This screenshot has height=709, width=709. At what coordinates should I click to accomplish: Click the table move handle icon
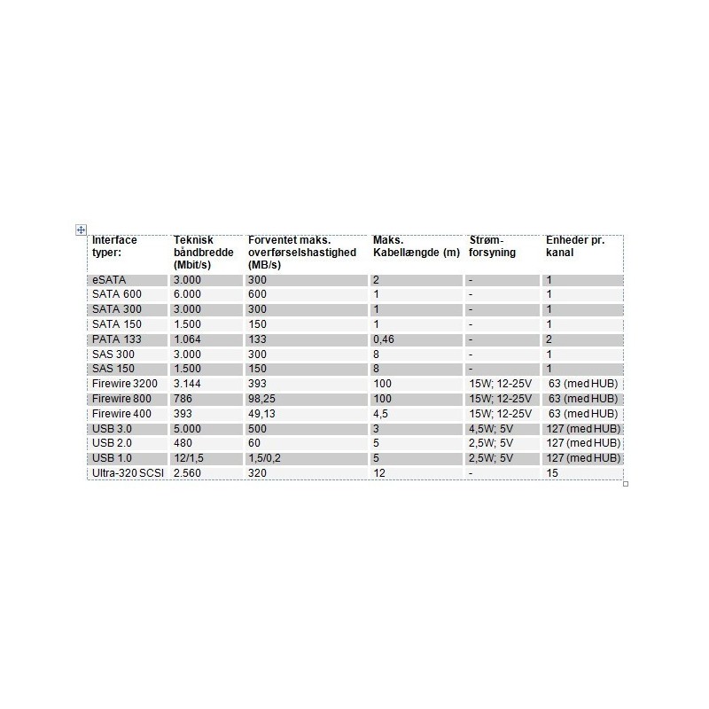point(81,230)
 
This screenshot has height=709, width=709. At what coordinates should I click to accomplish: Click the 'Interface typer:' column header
point(114,246)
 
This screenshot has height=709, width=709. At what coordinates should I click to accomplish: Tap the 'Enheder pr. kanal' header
point(575,246)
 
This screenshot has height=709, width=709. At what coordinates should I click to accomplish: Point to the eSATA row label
point(110,280)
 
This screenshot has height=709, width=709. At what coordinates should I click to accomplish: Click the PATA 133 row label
point(116,339)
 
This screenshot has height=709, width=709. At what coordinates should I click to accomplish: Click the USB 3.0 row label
point(113,429)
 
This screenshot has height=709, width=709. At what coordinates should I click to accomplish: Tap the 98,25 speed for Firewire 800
point(264,399)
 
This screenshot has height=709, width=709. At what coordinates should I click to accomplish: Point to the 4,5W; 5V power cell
point(492,429)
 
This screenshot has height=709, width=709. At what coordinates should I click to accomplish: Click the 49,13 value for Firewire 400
point(264,414)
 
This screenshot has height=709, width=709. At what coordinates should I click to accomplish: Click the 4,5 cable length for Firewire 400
point(380,414)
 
